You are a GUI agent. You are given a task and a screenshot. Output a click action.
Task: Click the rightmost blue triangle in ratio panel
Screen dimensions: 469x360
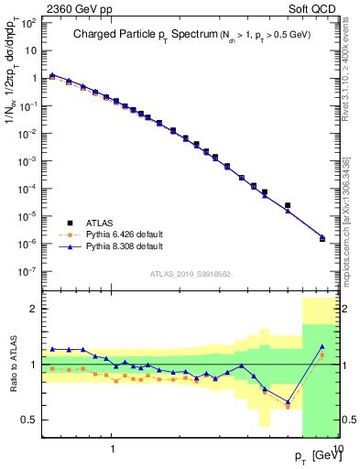coord(322,346)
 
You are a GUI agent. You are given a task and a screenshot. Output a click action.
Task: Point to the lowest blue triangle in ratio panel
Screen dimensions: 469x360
coord(288,401)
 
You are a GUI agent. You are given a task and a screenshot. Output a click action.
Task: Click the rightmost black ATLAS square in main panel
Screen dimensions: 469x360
coord(322,238)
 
